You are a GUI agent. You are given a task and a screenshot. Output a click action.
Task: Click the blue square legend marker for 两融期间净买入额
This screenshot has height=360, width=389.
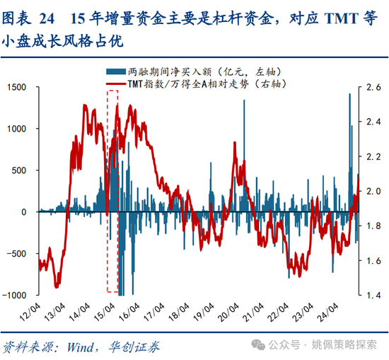tap(112, 71)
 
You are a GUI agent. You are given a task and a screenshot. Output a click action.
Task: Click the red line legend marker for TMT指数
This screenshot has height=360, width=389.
tap(115, 84)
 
